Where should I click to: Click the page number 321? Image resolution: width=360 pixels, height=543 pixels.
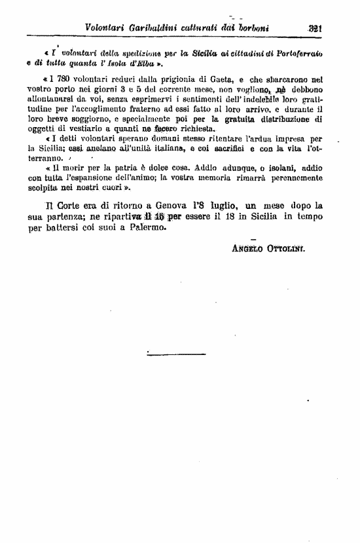[319, 28]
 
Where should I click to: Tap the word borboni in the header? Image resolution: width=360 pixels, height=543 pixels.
[257, 28]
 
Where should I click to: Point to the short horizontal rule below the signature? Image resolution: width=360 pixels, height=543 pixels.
[167, 355]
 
